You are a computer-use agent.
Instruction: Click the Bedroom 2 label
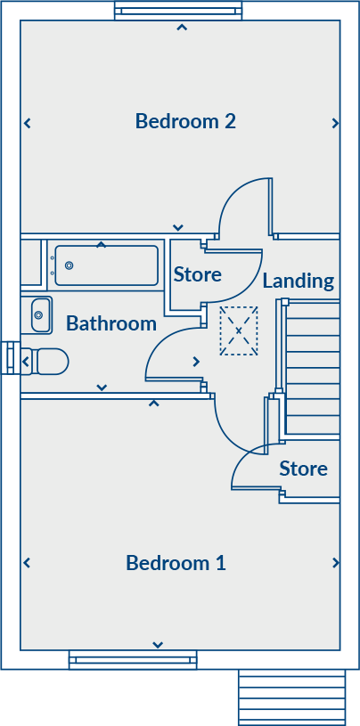[x=185, y=121]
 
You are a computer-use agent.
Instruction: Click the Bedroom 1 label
[x=176, y=563]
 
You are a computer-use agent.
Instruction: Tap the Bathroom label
[x=111, y=323]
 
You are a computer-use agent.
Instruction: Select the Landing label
[x=298, y=281]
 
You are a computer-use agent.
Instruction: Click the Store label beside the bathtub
[x=197, y=274]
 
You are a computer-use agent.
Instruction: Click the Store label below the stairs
[x=303, y=469]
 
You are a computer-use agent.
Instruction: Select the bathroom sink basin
[x=40, y=314]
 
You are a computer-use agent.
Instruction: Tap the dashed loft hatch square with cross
[x=239, y=330]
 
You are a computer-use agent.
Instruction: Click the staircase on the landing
[x=313, y=370]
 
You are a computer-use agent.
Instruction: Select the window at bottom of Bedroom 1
[x=133, y=660]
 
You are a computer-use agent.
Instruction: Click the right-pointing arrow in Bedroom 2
[x=335, y=123]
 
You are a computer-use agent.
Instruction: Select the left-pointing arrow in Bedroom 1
[x=27, y=563]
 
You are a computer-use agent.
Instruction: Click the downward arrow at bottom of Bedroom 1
[x=158, y=645]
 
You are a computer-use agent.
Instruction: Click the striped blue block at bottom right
[x=291, y=697]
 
